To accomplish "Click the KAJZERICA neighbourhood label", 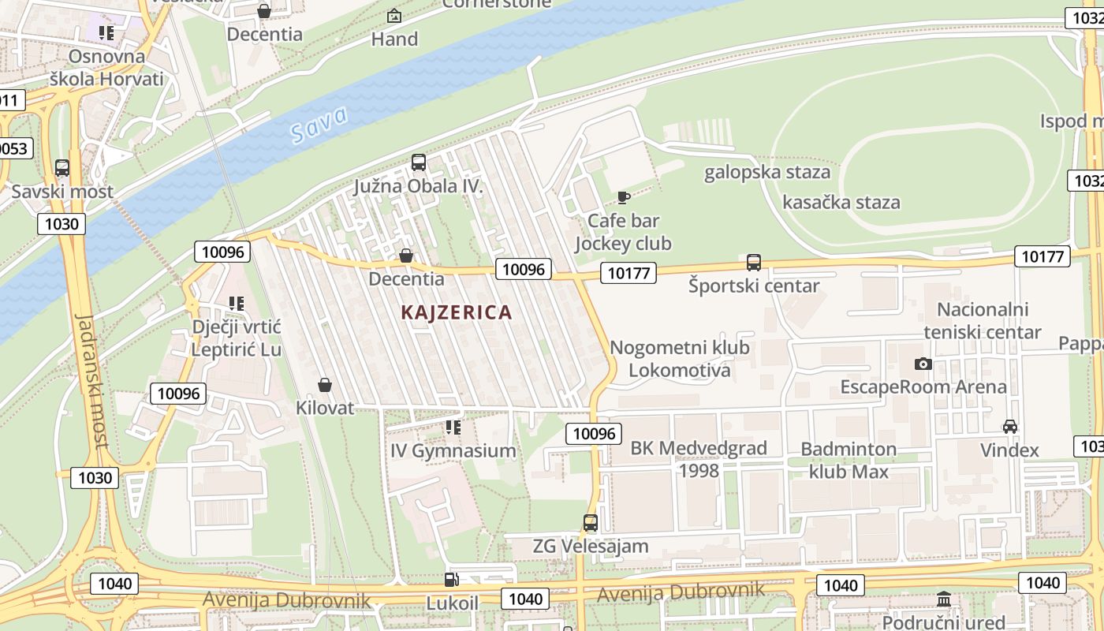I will click(x=457, y=312).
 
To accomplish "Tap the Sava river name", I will click(x=319, y=125).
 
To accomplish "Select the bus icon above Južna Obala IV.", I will click(x=419, y=162).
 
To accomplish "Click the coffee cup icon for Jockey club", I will click(x=623, y=197).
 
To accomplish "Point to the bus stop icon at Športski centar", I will click(x=754, y=263).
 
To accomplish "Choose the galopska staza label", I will click(x=766, y=172).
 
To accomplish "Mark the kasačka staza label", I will click(x=841, y=202).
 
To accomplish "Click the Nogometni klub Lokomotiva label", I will click(x=679, y=359).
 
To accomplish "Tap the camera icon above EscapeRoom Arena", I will click(x=923, y=364).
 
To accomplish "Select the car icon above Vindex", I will click(x=1009, y=427).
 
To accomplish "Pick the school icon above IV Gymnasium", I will click(x=453, y=428).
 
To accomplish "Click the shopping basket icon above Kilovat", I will click(x=324, y=385).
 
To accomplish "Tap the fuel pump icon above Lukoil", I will click(x=452, y=580).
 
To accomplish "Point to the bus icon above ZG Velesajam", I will click(x=590, y=522).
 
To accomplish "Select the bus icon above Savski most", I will click(x=62, y=168).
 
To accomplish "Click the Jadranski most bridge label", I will click(x=91, y=381).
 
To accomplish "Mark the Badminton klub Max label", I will click(x=849, y=460).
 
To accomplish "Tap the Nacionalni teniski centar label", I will click(x=982, y=320).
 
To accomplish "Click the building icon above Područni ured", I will click(x=943, y=599).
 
